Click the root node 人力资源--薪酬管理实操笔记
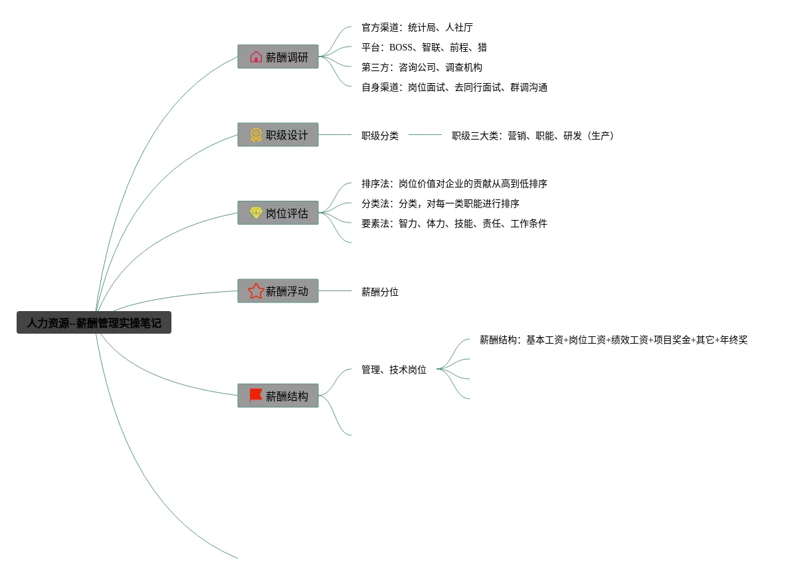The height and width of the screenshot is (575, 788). coord(94,323)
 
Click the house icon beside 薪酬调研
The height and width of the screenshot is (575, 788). coord(256,57)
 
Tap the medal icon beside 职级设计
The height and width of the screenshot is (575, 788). coord(256,135)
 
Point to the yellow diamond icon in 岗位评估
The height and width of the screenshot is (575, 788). coord(256,213)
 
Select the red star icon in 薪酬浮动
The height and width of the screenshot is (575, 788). coord(256,291)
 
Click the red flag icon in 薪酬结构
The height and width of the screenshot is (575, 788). coord(256,396)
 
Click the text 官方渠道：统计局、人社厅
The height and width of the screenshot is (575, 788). coord(417,27)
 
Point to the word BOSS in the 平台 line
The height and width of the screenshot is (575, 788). coord(401,47)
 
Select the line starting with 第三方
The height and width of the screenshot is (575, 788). coord(421,67)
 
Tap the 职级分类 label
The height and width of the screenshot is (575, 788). coord(379,136)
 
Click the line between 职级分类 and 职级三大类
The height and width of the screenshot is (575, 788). coord(425,135)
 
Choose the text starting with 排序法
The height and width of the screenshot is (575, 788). coord(454,183)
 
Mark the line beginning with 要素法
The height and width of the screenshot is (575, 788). coord(454,223)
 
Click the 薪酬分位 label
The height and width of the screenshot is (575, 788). coord(379,292)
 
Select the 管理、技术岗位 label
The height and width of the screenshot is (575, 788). coord(393,370)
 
